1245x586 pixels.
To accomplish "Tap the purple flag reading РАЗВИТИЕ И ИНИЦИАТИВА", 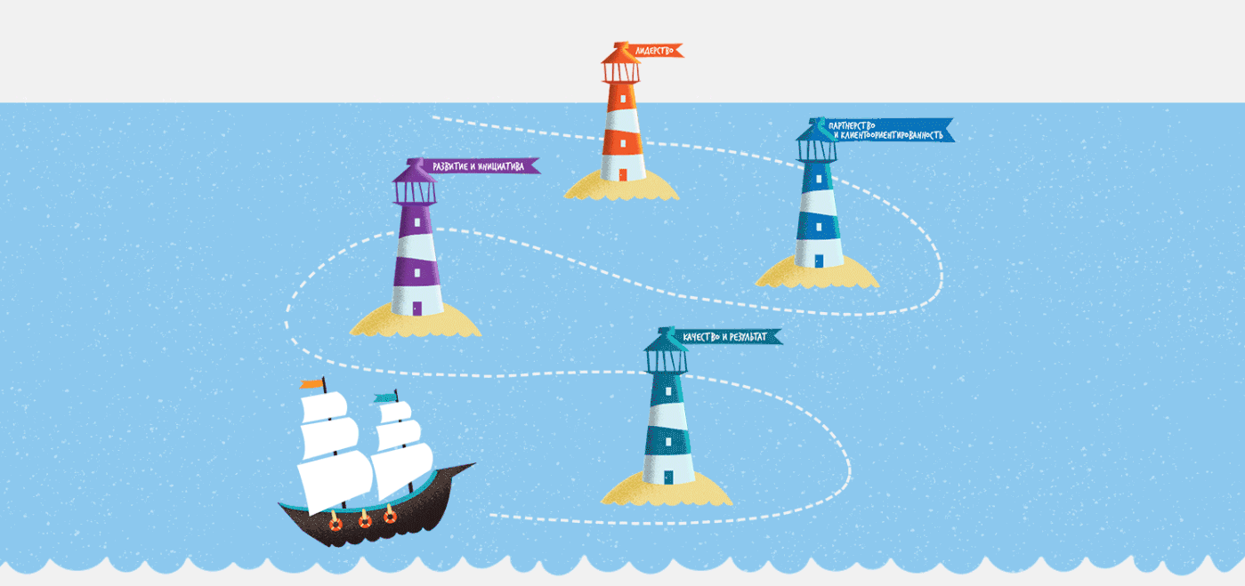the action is (481, 165).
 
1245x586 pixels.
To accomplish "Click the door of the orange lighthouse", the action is (623, 174).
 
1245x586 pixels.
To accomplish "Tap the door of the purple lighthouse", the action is (416, 309).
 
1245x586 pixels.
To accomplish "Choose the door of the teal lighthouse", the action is (667, 478).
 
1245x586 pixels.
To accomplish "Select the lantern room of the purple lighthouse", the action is (415, 189).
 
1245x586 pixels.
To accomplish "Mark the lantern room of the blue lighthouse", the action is (817, 148).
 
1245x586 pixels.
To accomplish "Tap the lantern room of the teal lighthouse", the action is (667, 358).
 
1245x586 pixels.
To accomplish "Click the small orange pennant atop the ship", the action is (311, 384).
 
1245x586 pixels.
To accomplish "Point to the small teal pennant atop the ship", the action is (384, 397).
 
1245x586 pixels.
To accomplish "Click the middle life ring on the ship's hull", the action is (363, 519).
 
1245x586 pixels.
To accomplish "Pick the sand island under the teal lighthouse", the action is (667, 493).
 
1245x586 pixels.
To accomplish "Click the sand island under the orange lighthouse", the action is (621, 187).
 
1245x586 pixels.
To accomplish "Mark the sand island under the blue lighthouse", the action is (817, 274).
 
